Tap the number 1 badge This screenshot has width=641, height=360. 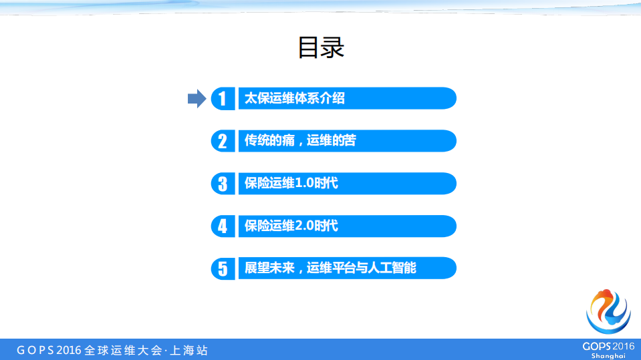tap(223, 98)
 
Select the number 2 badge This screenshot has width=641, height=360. tap(223, 141)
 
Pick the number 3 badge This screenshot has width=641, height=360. tap(223, 184)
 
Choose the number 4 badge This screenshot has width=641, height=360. tap(223, 226)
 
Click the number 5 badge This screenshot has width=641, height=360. tap(223, 268)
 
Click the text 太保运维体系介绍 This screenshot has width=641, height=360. tap(295, 98)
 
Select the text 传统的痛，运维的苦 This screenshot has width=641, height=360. tap(300, 141)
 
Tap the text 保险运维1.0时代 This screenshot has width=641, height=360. tap(291, 184)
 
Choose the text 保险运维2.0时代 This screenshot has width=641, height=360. tap(291, 226)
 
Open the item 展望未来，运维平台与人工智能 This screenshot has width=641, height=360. tap(330, 268)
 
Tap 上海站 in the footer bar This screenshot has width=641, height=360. tap(190, 350)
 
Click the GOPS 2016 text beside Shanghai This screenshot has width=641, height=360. tap(608, 346)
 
